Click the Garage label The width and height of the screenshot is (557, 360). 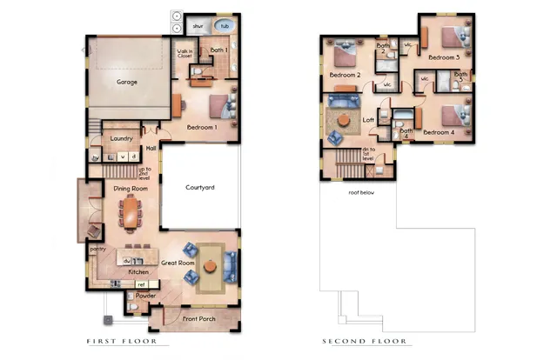click(x=127, y=83)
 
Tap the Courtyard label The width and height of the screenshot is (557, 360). click(x=200, y=188)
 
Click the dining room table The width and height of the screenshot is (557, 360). click(x=131, y=211)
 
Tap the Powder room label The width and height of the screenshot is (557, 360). click(x=145, y=296)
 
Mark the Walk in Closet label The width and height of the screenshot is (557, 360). click(x=185, y=57)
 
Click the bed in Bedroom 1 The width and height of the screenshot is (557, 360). click(x=221, y=106)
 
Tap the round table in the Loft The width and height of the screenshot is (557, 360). click(x=345, y=119)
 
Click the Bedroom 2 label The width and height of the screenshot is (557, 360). click(x=345, y=76)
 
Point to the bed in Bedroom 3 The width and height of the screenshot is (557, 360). click(x=450, y=37)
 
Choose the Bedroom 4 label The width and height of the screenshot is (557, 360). click(x=438, y=132)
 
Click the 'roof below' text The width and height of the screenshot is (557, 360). click(x=360, y=192)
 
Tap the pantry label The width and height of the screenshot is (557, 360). click(x=97, y=249)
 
